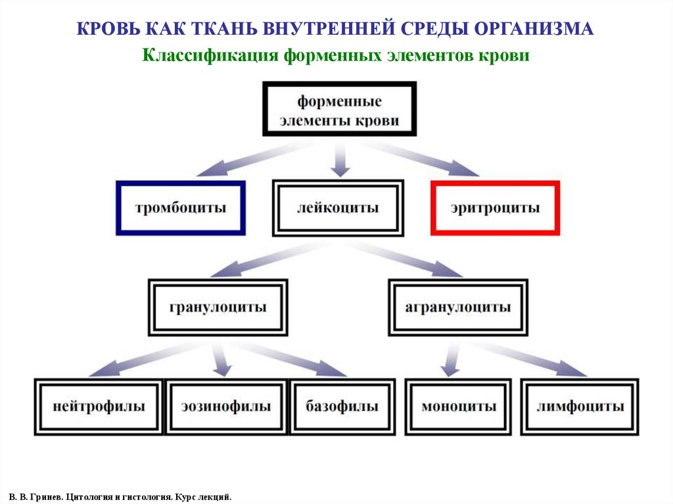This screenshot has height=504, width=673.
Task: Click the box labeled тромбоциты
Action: (x=181, y=208)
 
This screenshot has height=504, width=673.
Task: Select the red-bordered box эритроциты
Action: (x=495, y=208)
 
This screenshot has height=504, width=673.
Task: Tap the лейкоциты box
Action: (x=338, y=208)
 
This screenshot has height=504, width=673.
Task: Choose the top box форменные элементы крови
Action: (x=339, y=109)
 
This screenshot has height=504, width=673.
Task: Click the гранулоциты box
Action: (x=218, y=308)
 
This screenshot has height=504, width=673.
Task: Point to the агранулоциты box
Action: (x=457, y=308)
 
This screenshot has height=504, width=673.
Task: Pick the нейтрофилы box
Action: (x=99, y=407)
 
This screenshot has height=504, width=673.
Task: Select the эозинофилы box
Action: (x=226, y=407)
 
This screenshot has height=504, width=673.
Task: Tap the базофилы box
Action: (x=342, y=407)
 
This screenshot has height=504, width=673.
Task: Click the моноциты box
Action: (x=458, y=407)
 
